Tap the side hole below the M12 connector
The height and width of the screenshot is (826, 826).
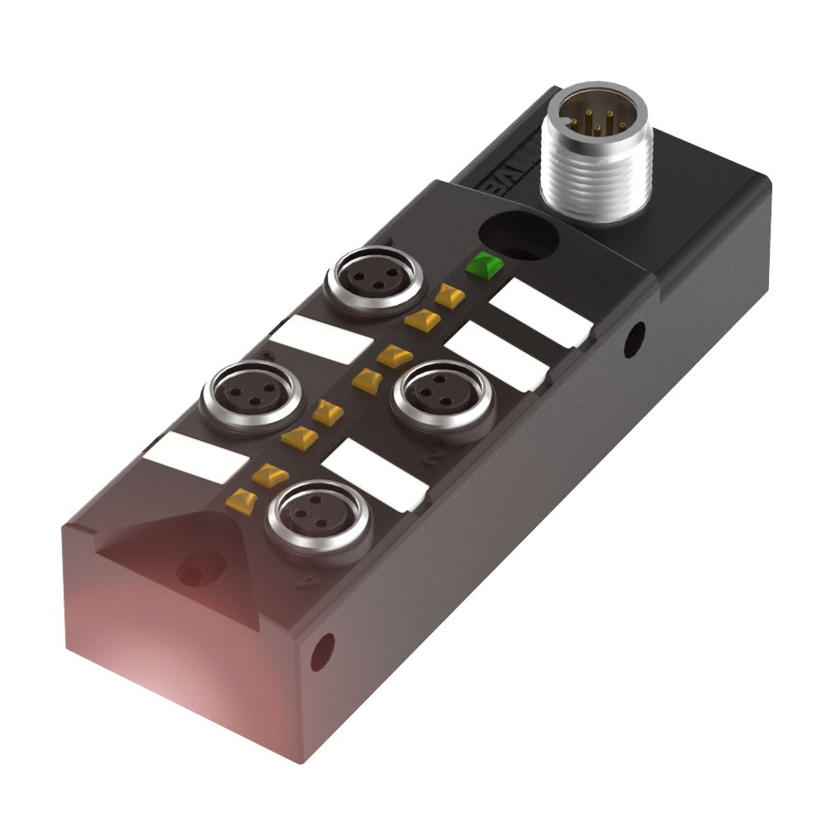click(x=634, y=339)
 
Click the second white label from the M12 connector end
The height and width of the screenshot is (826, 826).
click(x=500, y=355)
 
